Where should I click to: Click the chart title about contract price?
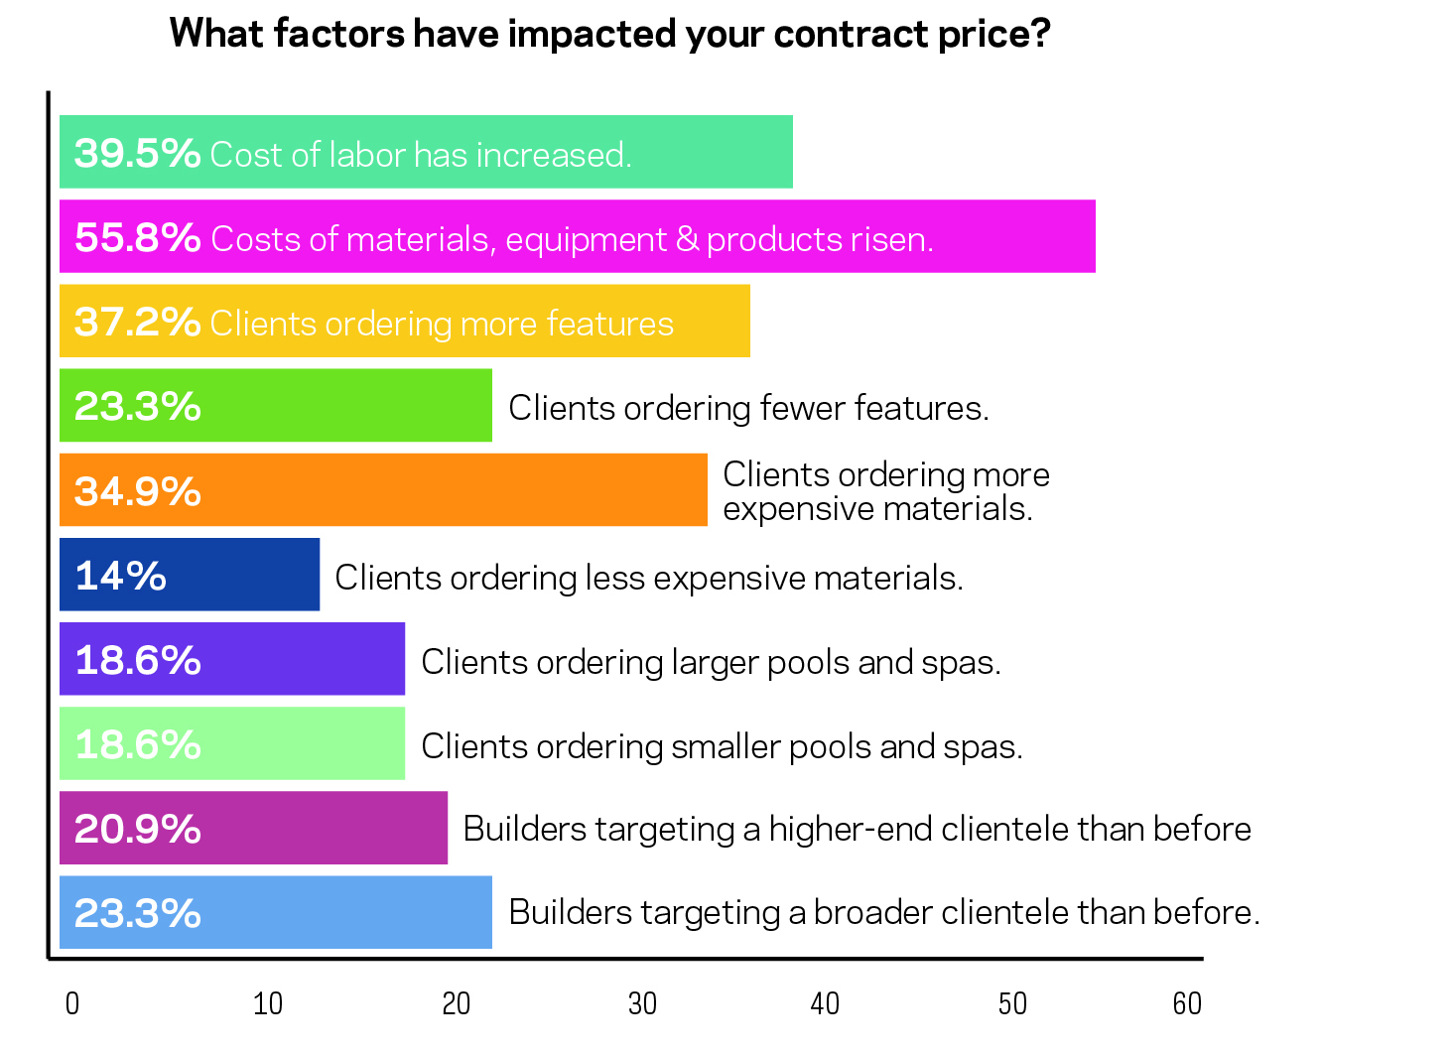(609, 34)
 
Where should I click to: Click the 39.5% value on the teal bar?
(137, 153)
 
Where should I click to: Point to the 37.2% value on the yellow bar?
(137, 322)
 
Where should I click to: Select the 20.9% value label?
(137, 829)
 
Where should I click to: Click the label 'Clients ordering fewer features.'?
(748, 408)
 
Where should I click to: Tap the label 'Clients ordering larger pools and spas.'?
(711, 662)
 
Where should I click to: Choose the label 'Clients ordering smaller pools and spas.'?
(722, 746)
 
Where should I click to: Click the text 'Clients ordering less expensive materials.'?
(649, 578)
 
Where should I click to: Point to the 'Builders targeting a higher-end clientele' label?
(857, 829)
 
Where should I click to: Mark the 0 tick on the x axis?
(72, 1004)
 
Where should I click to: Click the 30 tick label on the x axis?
(642, 1004)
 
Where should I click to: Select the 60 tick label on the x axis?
(1187, 1004)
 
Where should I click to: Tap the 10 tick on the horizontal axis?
(268, 1004)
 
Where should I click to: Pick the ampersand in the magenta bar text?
(687, 239)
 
